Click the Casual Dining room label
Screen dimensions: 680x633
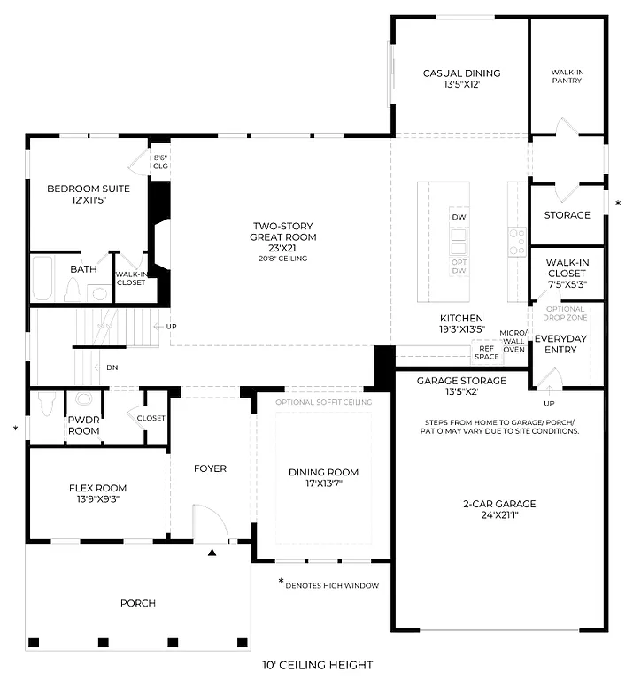pos(461,73)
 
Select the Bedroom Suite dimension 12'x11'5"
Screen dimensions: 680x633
pos(88,201)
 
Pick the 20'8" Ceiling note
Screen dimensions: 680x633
pos(282,259)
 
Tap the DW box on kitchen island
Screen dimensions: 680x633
pos(459,218)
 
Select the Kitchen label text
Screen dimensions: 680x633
pos(461,318)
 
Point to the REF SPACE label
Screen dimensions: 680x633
pos(486,352)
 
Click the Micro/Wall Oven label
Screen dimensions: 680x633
pos(513,341)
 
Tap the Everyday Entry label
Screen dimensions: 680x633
pos(561,344)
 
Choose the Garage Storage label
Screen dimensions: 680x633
pos(461,381)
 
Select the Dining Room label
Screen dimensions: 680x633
pos(323,472)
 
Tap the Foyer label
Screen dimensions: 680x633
pos(210,468)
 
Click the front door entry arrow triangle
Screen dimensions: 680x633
pos(212,552)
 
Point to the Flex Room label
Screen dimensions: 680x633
pos(97,488)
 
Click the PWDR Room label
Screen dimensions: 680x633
pos(84,426)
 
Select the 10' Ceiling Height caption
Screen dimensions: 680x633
pos(316,665)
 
